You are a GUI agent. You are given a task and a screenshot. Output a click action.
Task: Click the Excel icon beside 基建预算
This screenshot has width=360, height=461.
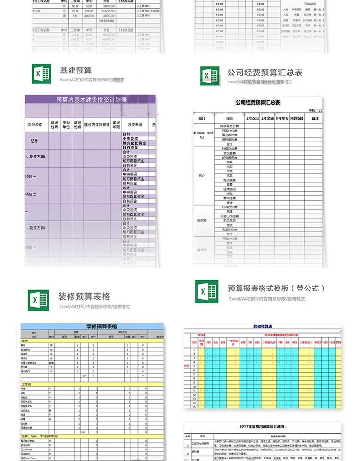(x=41, y=74)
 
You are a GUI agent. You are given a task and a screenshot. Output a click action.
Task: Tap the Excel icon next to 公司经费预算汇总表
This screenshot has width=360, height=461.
(x=209, y=76)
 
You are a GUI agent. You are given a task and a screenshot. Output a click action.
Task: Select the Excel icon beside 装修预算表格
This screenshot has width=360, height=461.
(x=38, y=300)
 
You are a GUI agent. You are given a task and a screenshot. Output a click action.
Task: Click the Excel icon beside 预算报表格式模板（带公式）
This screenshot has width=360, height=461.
(x=206, y=291)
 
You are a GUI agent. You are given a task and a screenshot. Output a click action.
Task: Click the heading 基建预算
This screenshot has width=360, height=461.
(x=76, y=70)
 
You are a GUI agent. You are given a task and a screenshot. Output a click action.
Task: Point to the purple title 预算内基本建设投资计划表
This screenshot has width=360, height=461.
(x=91, y=100)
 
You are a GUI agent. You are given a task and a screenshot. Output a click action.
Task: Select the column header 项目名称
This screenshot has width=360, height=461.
(x=37, y=124)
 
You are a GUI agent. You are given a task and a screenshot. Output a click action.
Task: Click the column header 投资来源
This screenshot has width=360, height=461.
(x=135, y=124)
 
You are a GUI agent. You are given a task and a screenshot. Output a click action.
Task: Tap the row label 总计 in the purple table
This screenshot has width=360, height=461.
(x=35, y=141)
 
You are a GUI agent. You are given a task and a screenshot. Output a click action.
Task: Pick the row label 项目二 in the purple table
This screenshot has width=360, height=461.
(x=31, y=194)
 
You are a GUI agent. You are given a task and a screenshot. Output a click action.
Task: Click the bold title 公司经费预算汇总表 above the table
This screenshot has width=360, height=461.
(x=257, y=102)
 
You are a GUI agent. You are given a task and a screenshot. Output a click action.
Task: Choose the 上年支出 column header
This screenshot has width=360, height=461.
(x=252, y=118)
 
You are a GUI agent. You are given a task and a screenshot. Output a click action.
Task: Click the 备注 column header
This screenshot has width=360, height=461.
(x=315, y=118)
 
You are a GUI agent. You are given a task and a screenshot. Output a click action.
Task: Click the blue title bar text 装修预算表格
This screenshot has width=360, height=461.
(x=101, y=327)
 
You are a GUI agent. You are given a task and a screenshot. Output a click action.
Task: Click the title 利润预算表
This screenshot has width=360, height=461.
(x=263, y=326)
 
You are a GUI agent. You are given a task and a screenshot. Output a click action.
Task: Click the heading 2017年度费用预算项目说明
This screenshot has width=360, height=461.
(x=263, y=426)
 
